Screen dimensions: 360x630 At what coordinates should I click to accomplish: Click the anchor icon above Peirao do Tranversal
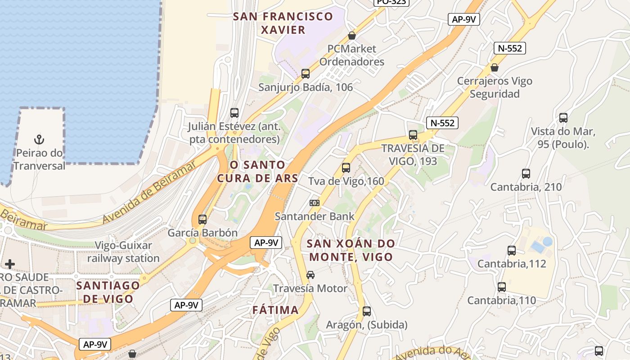[x=39, y=139]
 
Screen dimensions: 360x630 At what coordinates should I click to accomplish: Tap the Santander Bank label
[x=315, y=216]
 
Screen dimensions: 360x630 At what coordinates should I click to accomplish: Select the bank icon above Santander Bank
[x=315, y=203]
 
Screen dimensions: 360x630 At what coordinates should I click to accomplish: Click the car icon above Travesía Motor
[x=310, y=275]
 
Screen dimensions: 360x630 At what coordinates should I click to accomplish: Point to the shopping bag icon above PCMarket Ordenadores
[x=352, y=36]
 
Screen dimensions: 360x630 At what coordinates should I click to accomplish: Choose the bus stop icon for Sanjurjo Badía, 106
[x=306, y=74]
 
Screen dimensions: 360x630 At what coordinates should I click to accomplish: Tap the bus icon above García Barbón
[x=202, y=220]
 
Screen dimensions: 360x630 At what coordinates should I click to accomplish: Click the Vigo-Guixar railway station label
[x=123, y=252]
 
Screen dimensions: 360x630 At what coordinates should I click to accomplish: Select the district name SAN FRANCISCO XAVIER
[x=283, y=23]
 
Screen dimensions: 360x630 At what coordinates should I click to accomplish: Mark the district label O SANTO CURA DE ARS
[x=257, y=171]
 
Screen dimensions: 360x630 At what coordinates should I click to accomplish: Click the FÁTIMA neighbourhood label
[x=275, y=310]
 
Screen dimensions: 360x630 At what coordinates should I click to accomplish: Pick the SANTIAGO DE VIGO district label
[x=108, y=292]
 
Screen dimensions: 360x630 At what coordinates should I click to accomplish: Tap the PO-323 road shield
[x=391, y=2]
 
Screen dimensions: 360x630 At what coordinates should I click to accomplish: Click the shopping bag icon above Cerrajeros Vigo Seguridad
[x=495, y=67]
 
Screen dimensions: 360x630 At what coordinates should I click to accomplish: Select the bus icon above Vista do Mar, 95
[x=563, y=118]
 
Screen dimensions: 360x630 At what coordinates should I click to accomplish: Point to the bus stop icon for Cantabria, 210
[x=526, y=174]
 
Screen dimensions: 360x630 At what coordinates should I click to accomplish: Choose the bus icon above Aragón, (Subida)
[x=367, y=311]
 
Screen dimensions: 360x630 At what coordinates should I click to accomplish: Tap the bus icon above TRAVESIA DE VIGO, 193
[x=413, y=135]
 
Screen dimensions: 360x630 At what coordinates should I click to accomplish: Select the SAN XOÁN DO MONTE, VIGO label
[x=350, y=251]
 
